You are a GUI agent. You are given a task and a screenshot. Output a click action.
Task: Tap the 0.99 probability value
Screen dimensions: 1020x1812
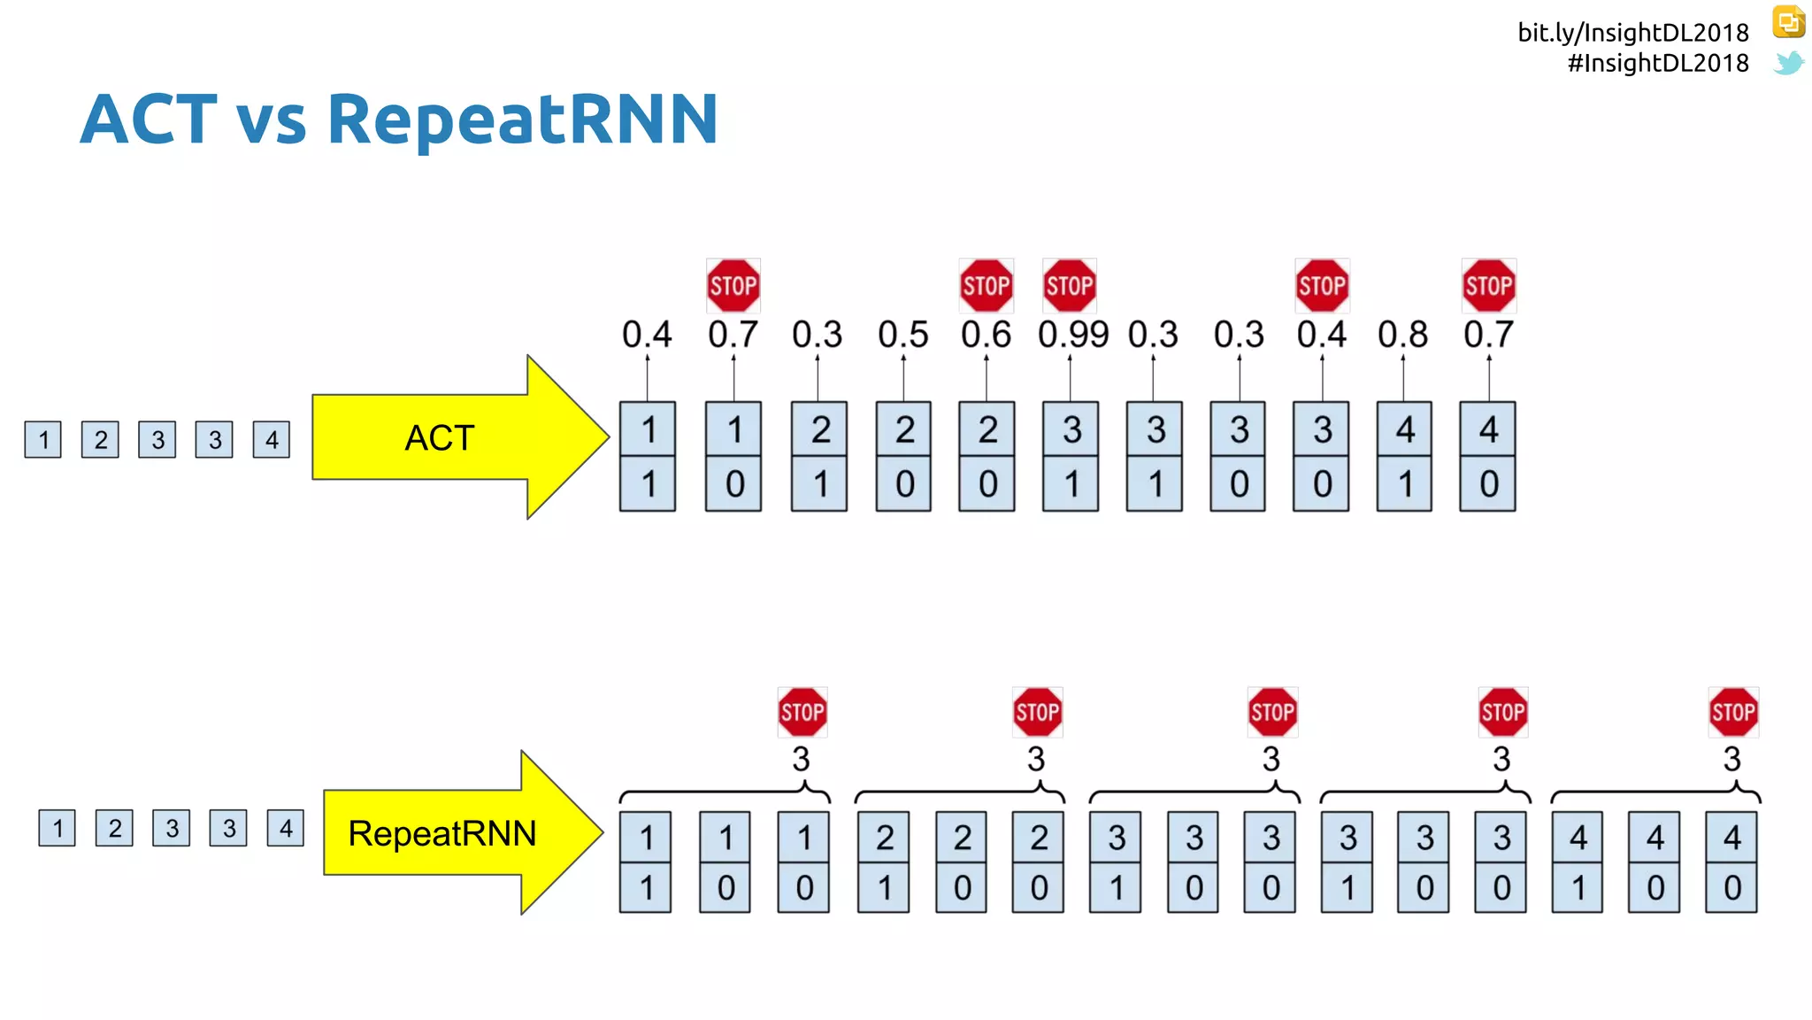[x=1072, y=335]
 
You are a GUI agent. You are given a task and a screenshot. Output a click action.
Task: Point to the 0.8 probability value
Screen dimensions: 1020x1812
[x=1402, y=335]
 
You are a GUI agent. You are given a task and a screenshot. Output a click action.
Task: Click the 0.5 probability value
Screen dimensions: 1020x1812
[x=902, y=335]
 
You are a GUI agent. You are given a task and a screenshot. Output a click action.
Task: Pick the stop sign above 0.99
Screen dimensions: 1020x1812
[x=1070, y=286]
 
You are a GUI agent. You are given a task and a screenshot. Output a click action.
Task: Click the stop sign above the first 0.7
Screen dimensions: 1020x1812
[x=733, y=286]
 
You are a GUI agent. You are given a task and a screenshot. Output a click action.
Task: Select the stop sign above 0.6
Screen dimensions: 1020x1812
[x=987, y=286]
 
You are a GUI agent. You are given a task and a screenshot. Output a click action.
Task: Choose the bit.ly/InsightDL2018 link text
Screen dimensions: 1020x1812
[x=1632, y=33]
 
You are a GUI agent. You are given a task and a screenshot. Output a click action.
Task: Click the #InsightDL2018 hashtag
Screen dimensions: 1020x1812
[x=1657, y=63]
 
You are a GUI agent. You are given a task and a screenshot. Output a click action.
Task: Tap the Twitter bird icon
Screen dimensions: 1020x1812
[x=1788, y=63]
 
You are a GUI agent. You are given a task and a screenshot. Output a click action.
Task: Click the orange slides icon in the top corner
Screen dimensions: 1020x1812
[x=1788, y=22]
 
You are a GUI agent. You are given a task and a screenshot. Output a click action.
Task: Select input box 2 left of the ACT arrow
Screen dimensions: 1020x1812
[x=100, y=439]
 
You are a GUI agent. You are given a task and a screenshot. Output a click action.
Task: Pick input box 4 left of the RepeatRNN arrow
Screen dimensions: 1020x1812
[x=285, y=829]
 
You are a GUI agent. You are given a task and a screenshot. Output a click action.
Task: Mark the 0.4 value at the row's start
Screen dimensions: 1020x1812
[x=647, y=335]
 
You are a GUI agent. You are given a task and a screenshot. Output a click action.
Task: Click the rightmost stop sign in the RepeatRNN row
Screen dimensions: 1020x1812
[x=1733, y=712]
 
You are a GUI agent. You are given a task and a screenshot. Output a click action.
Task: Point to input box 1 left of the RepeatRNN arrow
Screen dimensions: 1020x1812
[x=57, y=829]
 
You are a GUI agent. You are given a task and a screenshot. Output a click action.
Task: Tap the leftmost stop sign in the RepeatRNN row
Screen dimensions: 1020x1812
[x=802, y=712]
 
